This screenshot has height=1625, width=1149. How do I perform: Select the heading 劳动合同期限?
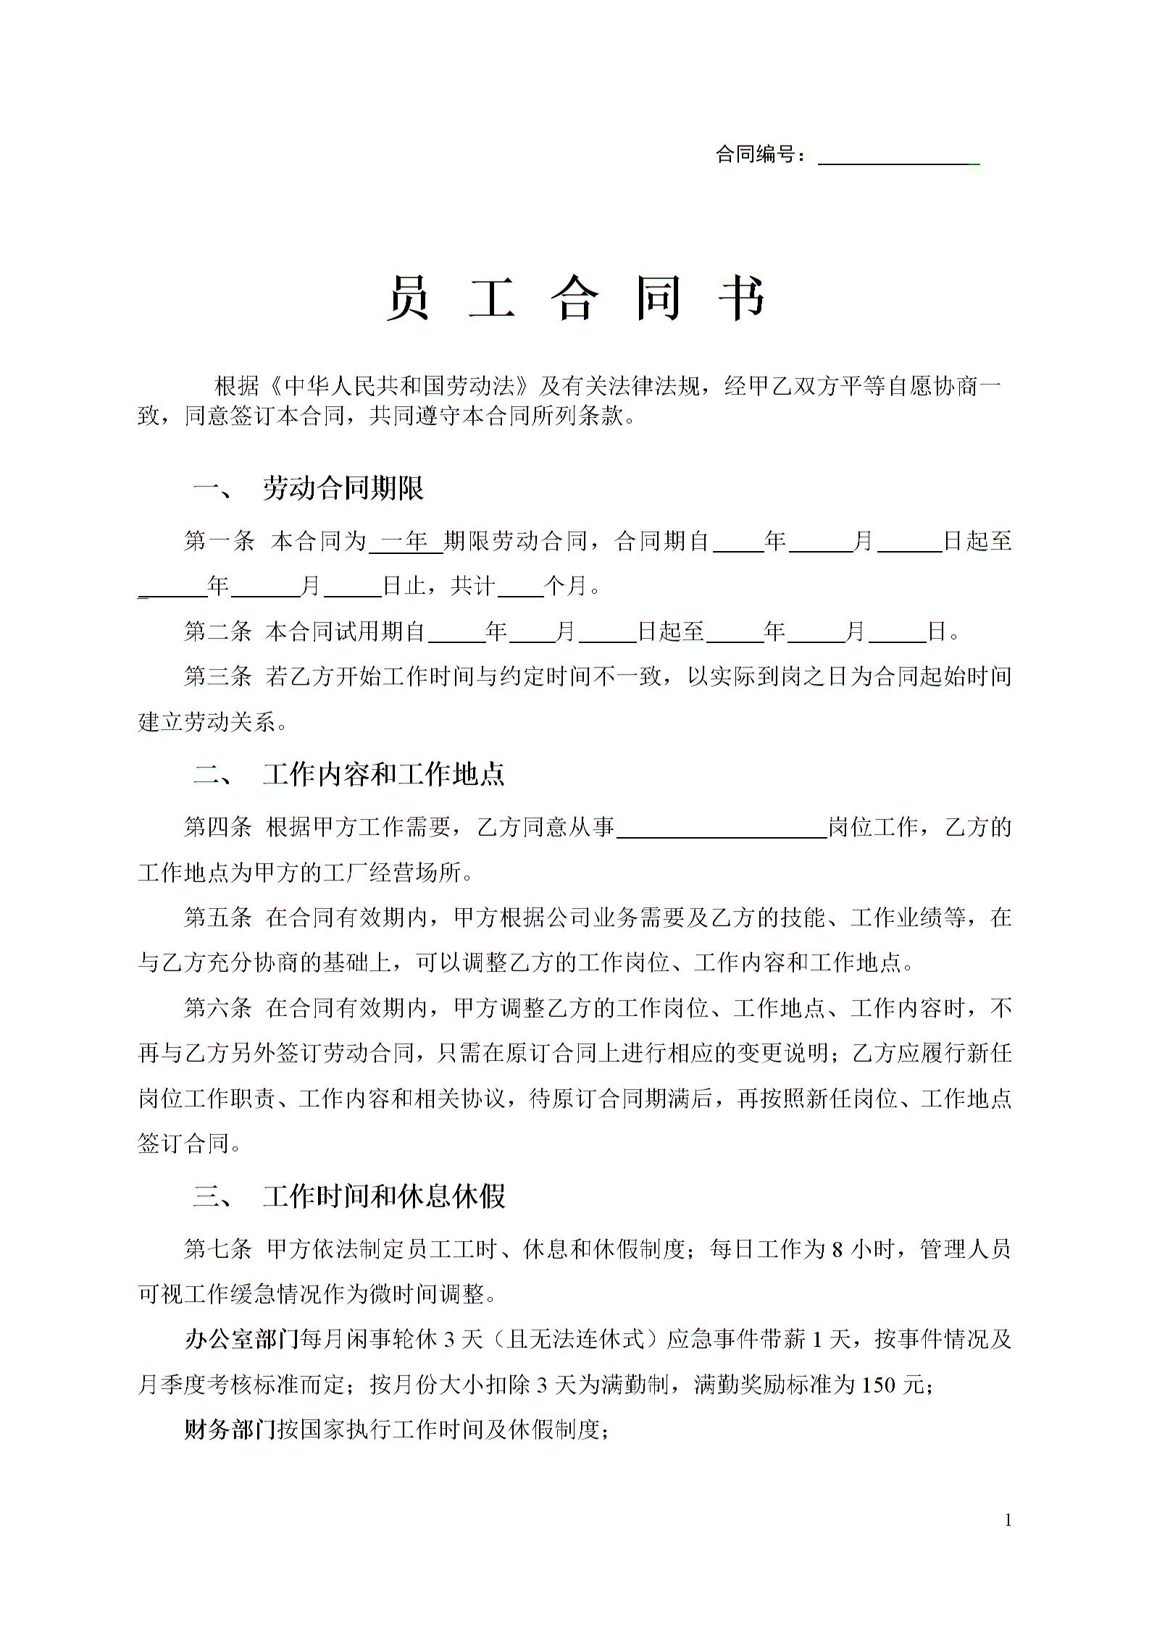point(343,489)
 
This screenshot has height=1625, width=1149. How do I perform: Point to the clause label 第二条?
point(217,631)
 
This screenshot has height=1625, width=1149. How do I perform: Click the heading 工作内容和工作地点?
point(383,774)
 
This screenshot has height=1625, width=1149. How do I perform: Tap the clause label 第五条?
point(217,918)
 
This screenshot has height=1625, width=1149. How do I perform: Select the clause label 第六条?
point(217,1008)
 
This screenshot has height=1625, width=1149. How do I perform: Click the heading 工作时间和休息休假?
point(383,1196)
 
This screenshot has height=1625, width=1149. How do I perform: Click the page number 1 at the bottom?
point(1008,1520)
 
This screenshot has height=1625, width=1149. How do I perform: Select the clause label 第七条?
point(217,1249)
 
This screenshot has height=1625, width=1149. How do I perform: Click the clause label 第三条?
point(217,677)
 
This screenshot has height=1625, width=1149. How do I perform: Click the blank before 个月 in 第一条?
point(520,587)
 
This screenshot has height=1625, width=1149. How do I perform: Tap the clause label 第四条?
point(217,827)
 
